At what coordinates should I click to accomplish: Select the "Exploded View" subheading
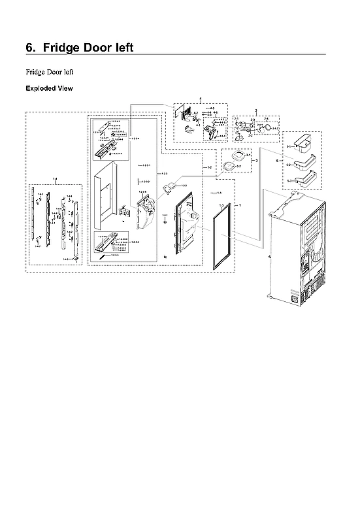(49, 88)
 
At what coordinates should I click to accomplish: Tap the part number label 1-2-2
(184, 186)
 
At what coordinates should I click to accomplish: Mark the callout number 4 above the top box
(200, 99)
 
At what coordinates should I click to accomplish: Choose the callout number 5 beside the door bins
(278, 160)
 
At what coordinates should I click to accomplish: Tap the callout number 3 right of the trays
(256, 159)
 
